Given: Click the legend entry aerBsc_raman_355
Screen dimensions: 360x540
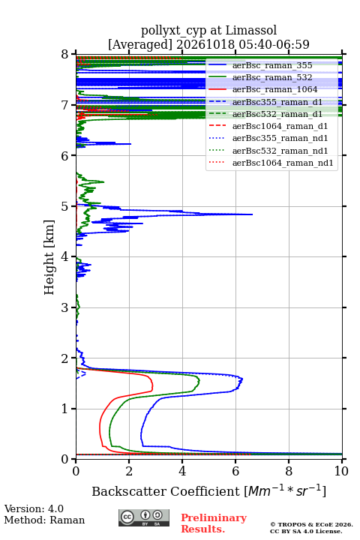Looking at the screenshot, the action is click(x=272, y=65).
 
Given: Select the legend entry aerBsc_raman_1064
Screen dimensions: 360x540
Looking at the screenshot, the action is click(x=275, y=89).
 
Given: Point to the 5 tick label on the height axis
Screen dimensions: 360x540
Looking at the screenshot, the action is click(x=65, y=206).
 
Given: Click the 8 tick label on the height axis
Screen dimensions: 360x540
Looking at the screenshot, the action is click(x=65, y=54).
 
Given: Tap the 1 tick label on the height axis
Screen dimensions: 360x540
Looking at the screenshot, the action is click(x=65, y=409).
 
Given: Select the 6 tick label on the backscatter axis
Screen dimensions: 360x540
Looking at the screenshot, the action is click(x=235, y=471).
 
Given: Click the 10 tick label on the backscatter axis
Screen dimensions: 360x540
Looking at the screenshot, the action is click(x=341, y=471).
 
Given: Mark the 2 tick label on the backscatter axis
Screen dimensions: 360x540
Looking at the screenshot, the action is click(x=129, y=471).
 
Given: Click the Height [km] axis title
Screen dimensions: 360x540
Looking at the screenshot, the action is click(x=49, y=257).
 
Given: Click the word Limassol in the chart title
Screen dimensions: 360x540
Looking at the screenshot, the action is click(x=251, y=31).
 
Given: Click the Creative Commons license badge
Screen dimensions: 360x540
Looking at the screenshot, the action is click(x=144, y=517).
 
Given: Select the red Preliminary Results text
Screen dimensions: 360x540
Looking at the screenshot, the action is click(x=214, y=523).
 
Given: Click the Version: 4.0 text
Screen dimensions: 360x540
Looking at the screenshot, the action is click(x=34, y=508).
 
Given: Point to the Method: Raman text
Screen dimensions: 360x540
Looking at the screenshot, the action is click(x=44, y=520).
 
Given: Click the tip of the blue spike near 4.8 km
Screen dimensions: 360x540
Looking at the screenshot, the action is click(x=253, y=214).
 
